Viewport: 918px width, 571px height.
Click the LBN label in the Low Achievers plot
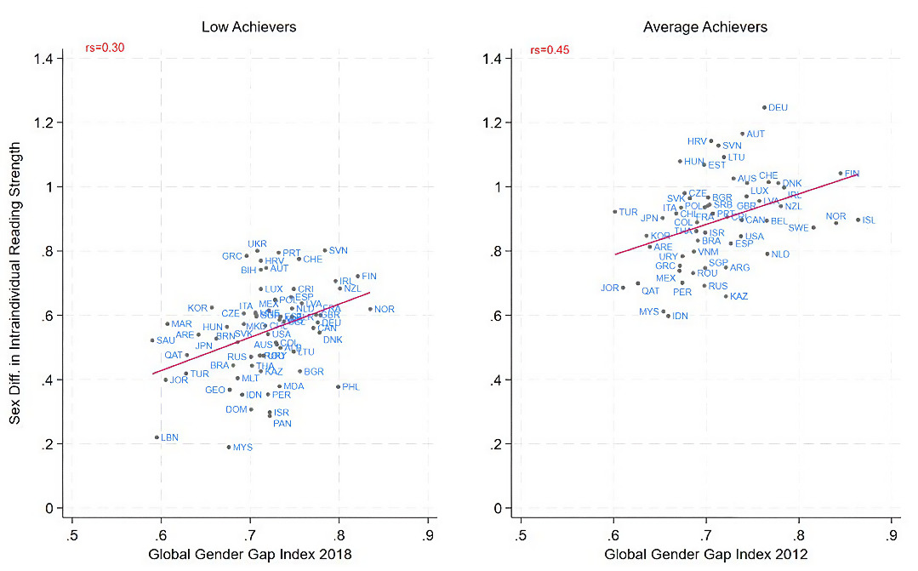169,437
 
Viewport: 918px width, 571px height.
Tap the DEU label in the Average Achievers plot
778,108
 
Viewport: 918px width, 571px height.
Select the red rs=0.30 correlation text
105,49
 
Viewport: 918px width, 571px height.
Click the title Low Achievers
248,27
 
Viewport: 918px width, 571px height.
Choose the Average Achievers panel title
705,27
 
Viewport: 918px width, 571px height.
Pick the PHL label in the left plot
351,387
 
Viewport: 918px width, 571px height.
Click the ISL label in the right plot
869,220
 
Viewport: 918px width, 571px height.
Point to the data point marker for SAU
152,340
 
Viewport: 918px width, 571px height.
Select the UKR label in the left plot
257,244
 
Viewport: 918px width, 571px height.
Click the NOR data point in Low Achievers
371,309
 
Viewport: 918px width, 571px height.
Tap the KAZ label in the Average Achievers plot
739,296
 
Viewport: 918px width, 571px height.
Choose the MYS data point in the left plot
229,447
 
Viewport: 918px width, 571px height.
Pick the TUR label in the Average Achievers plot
628,212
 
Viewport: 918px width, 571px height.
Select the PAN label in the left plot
282,424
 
